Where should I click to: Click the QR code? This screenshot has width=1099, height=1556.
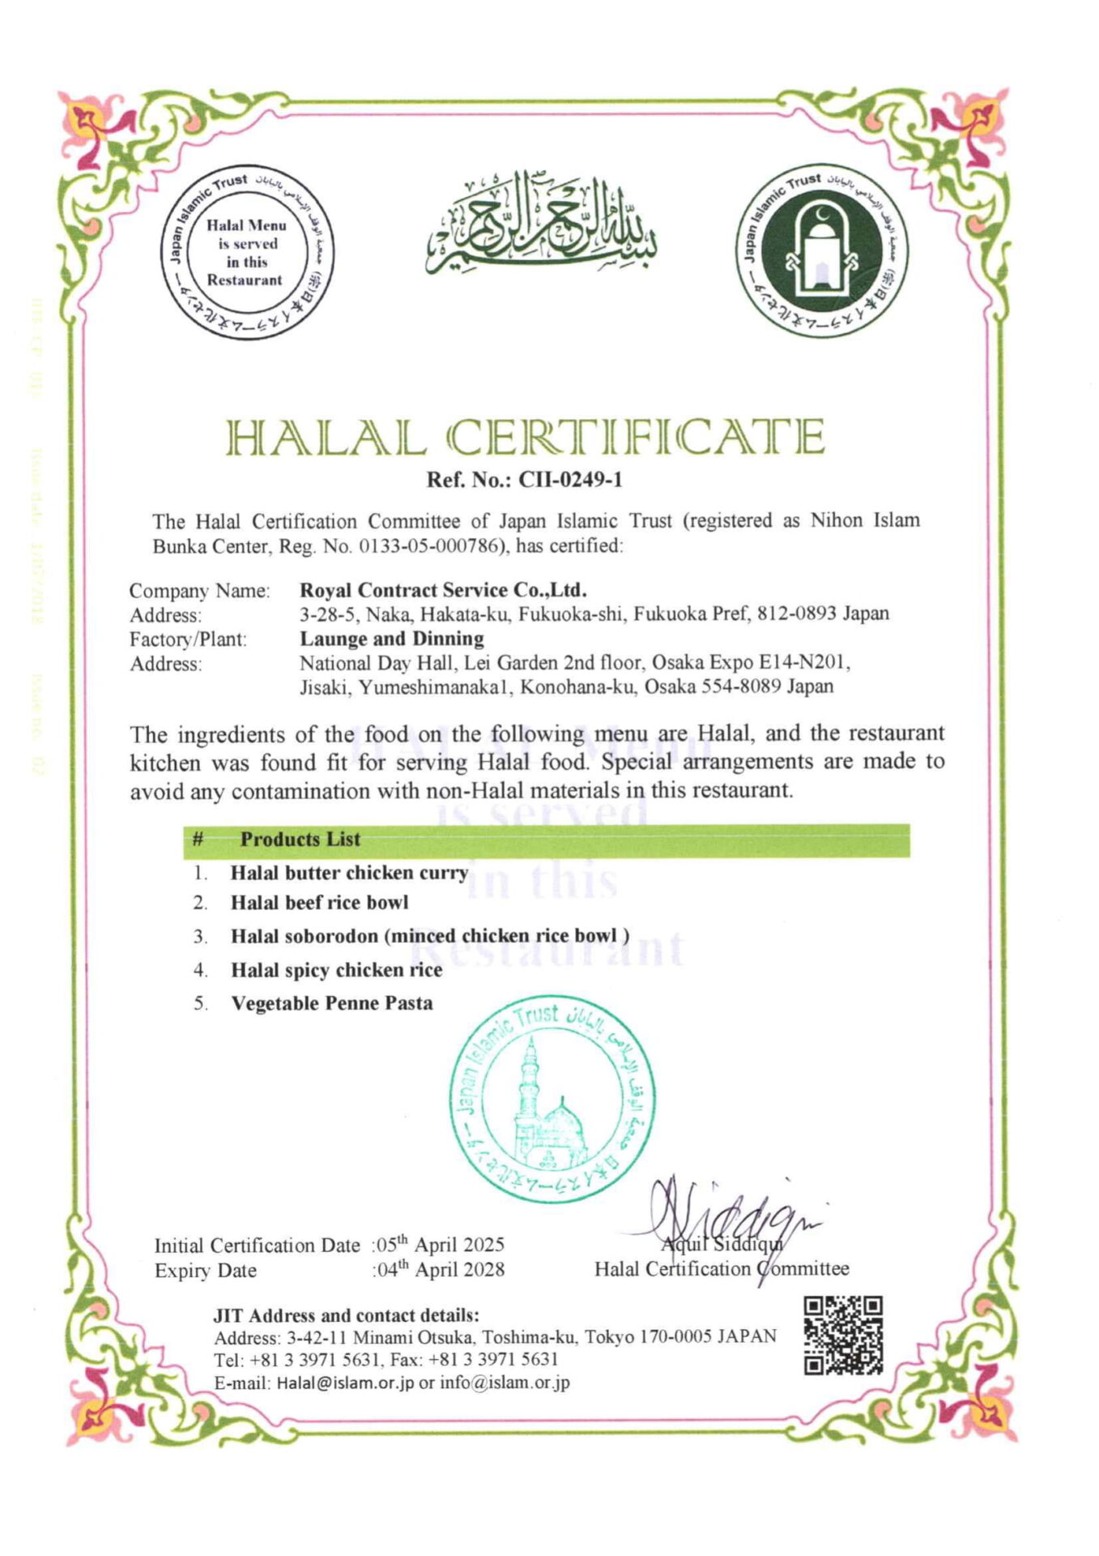pyautogui.click(x=842, y=1335)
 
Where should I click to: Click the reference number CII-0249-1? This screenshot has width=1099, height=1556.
pyautogui.click(x=570, y=480)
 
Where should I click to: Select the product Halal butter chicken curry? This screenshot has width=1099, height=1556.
pyautogui.click(x=349, y=873)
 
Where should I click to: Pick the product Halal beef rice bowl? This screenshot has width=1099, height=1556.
pyautogui.click(x=319, y=903)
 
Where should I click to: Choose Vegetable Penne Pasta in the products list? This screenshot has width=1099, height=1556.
pyautogui.click(x=332, y=1003)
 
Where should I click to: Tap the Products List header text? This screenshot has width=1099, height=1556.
pyautogui.click(x=300, y=840)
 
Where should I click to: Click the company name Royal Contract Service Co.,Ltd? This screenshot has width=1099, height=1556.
pyautogui.click(x=443, y=590)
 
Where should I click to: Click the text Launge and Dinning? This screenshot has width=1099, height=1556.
pyautogui.click(x=392, y=639)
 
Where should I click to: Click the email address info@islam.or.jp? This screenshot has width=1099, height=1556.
pyautogui.click(x=505, y=1383)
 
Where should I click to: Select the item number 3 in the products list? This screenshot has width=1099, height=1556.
pyautogui.click(x=200, y=937)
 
